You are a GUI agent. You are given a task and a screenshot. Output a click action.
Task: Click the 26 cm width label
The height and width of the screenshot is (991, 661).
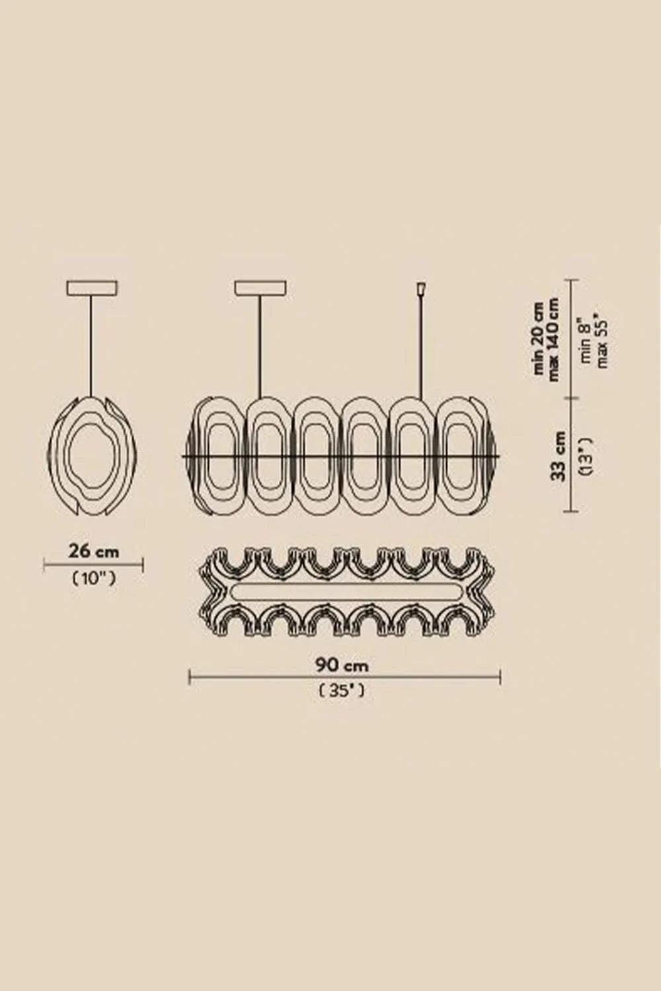94,550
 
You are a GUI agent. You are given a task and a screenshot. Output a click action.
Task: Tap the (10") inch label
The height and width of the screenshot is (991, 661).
94,579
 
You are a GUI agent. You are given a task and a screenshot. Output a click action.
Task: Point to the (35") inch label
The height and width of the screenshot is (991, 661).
342,691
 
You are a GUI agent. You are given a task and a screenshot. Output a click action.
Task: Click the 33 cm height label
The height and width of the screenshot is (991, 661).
559,456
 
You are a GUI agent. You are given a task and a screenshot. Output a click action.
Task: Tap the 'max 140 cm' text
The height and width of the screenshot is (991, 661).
553,339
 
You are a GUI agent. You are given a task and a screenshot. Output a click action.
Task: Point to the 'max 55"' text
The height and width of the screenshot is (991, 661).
602,340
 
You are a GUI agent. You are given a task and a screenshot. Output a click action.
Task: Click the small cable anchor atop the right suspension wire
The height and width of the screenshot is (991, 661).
421,289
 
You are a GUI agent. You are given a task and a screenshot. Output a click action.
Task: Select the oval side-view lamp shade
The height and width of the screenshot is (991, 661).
95,457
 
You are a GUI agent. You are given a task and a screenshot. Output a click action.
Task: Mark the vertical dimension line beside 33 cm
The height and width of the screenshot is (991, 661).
572,455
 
